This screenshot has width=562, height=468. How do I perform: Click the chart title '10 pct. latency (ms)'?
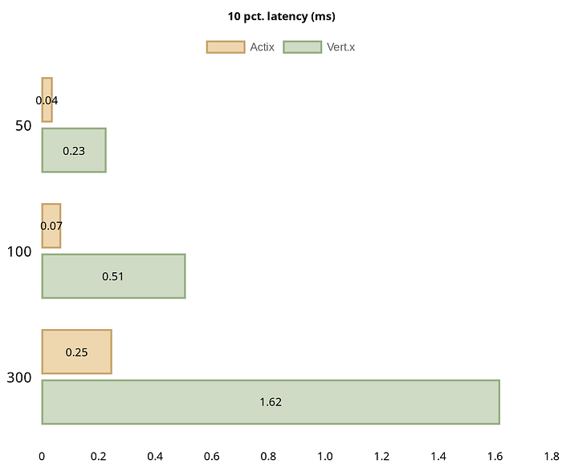[281, 16]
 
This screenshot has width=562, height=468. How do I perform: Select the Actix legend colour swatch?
[226, 47]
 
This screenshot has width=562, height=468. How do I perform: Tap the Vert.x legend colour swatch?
[303, 47]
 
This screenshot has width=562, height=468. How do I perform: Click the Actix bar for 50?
[47, 100]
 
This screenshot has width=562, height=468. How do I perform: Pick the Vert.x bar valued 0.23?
[74, 150]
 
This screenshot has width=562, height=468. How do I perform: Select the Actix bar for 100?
[51, 226]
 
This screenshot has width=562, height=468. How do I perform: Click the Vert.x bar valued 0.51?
[113, 276]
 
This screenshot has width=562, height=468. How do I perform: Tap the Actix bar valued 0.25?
[76, 352]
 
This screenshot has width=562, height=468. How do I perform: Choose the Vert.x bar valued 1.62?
[271, 401]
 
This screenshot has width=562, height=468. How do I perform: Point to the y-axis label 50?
[23, 126]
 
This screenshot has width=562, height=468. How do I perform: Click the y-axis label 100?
[19, 251]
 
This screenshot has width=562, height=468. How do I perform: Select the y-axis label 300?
[19, 377]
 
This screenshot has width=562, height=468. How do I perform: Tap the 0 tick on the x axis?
[42, 456]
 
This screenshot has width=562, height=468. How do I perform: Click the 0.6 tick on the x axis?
[212, 456]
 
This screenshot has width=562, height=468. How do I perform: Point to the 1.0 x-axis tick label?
[325, 456]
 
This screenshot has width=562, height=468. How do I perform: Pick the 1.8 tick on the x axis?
[552, 456]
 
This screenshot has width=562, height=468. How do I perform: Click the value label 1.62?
[271, 401]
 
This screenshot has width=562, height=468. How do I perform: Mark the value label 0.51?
[113, 276]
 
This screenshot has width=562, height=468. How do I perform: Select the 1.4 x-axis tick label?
[438, 456]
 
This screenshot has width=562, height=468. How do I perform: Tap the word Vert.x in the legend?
[341, 47]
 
